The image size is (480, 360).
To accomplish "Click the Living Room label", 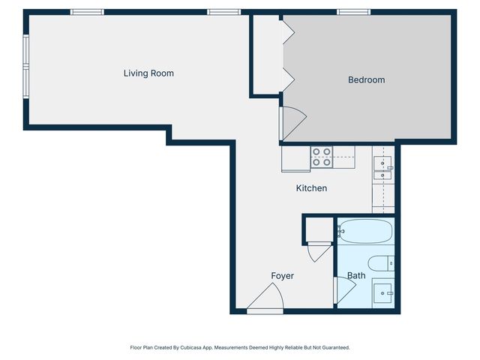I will [x=148, y=73].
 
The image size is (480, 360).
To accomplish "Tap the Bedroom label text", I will [x=366, y=79].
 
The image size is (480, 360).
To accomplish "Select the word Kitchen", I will [x=311, y=188].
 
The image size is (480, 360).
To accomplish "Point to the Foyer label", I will [x=282, y=276].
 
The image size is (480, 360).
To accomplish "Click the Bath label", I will [x=356, y=276].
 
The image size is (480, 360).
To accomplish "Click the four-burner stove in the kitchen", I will [x=322, y=157].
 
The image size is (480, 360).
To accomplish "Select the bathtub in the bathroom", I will [x=364, y=231].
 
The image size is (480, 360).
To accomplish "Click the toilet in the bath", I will [x=382, y=263].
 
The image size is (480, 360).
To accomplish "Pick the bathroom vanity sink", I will [x=382, y=292].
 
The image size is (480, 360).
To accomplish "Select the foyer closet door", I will [x=319, y=250].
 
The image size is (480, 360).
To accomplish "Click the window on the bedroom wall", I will [x=353, y=12].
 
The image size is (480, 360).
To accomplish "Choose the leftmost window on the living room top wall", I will [x=87, y=12].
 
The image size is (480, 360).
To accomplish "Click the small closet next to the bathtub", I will [x=318, y=229].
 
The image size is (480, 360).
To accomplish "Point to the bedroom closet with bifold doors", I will [x=266, y=55].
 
